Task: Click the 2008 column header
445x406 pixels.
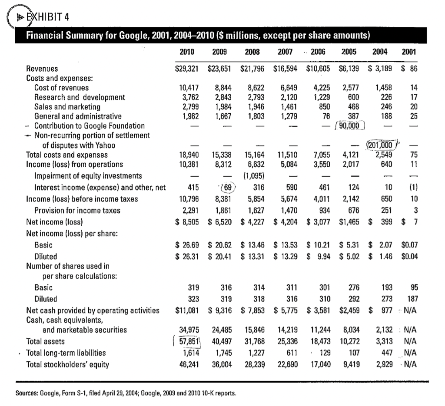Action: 252,52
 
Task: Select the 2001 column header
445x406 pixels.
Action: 408,52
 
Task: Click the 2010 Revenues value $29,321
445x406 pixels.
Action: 187,69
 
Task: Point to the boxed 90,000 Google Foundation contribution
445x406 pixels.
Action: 349,125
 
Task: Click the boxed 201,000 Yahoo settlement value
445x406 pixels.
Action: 380,145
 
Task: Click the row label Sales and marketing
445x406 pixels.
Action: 67,107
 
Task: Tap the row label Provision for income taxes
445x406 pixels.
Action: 77,211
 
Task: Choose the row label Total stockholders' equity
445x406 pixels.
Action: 67,365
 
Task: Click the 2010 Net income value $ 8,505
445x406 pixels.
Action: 187,222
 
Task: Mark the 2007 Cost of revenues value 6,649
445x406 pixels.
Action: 289,88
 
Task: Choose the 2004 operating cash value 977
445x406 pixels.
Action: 386,310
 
